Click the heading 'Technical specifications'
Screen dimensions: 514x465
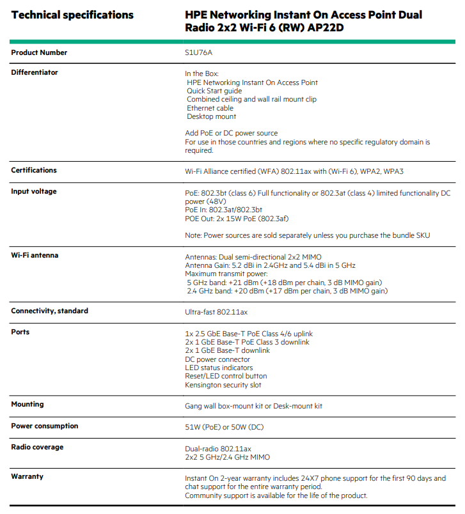[72, 15]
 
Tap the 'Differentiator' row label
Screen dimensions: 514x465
[35, 72]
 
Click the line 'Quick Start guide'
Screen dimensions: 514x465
[214, 91]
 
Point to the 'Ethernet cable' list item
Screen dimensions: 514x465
[210, 108]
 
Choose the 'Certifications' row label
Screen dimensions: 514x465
[34, 170]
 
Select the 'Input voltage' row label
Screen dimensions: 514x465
[34, 191]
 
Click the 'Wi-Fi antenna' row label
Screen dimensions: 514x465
[35, 255]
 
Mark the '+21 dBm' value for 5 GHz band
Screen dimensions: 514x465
[251, 283]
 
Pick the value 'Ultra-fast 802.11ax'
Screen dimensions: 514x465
[216, 311]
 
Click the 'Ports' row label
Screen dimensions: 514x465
[20, 332]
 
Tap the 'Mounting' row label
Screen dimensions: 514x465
[28, 404]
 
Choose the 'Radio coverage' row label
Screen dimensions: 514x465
[37, 447]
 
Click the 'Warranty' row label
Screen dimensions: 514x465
[27, 476]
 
